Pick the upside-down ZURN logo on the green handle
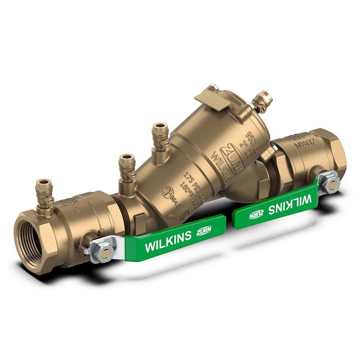(256, 215)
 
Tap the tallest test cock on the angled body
(159, 139)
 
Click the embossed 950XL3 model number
(253, 138)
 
